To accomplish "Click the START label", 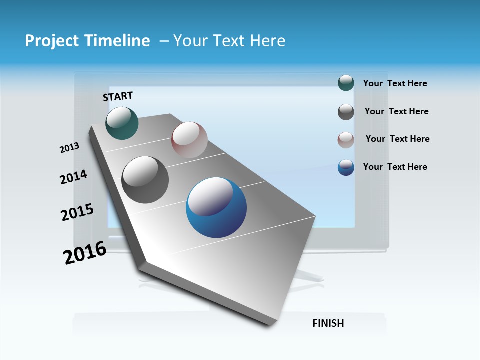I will tap(118, 96).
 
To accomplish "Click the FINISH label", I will tap(328, 323).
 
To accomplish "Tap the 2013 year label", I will tap(69, 148).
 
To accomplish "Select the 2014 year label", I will tap(73, 177).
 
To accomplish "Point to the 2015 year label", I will tap(77, 212).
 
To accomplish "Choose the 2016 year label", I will tap(85, 252).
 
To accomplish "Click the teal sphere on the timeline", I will tap(122, 123).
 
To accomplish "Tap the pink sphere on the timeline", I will tap(189, 140).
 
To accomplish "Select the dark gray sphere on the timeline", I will tap(145, 180).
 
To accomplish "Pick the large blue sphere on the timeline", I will tap(216, 207).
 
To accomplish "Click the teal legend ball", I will tap(346, 83).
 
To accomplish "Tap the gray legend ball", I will tap(346, 112).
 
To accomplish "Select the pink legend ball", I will tap(346, 140).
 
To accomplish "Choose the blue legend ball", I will tap(346, 167).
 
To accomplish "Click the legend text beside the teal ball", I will tap(395, 83).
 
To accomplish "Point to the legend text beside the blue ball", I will tap(395, 167).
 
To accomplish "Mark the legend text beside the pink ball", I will tap(397, 139).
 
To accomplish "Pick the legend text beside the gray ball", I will tap(396, 111).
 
